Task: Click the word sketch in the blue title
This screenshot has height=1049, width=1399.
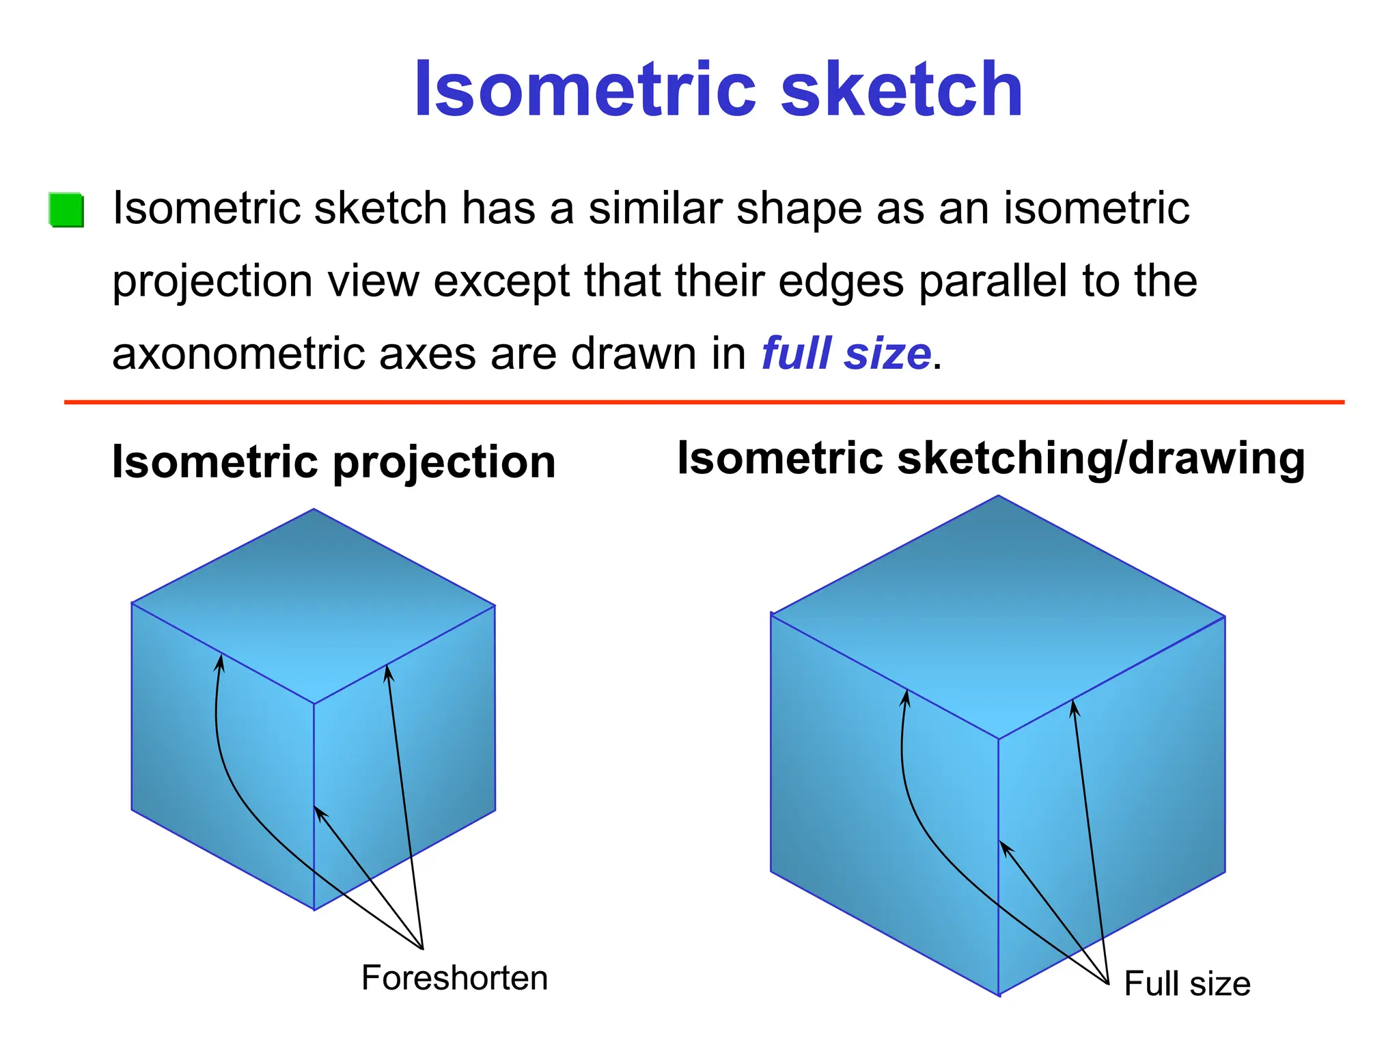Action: (x=902, y=90)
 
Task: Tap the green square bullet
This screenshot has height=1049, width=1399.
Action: (x=67, y=210)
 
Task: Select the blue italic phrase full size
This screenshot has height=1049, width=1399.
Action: (x=846, y=354)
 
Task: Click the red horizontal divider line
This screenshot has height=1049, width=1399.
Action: (x=704, y=402)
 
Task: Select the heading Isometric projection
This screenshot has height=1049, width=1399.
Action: (x=333, y=462)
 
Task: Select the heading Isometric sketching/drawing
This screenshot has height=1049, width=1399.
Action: (x=991, y=458)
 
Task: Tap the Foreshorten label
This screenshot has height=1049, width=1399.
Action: (x=454, y=978)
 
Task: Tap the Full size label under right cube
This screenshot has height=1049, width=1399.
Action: (x=1187, y=984)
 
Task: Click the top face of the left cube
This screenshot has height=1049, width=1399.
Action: (x=313, y=604)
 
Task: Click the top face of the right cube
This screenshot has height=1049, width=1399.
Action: (x=997, y=615)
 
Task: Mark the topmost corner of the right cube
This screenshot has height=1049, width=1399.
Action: (x=998, y=496)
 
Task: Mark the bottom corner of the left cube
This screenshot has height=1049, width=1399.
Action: (x=314, y=910)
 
